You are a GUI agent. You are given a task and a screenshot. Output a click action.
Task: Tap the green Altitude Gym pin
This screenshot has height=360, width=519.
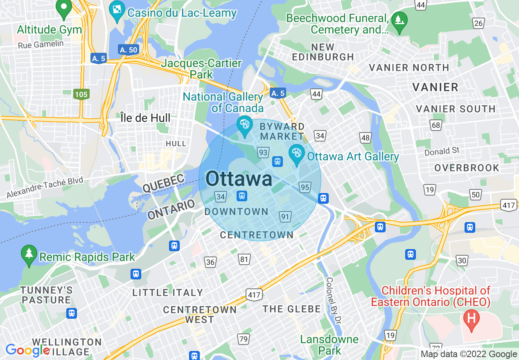coord(63,9)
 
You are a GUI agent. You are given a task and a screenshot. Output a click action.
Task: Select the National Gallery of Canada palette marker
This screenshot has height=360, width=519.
coord(245,126)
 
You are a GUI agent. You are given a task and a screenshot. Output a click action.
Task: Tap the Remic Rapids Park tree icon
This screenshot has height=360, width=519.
coord(29,255)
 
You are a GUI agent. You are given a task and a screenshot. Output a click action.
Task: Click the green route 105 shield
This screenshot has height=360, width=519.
coord(81,94)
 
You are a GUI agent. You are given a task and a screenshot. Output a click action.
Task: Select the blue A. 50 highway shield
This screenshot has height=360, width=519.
coord(128,50)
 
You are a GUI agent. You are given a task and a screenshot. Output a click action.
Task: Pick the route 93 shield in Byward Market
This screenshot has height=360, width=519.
coord(263,153)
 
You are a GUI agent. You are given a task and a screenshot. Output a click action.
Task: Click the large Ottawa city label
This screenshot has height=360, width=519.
coord(239,179)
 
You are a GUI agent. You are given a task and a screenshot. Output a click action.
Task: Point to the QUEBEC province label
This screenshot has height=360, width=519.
coord(163,183)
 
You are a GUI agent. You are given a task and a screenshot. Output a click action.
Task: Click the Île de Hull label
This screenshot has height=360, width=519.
coord(145,118)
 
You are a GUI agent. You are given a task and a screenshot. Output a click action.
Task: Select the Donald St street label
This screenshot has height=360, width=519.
coord(442,151)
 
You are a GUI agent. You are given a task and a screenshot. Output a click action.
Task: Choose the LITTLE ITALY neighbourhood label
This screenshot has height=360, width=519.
coord(168,292)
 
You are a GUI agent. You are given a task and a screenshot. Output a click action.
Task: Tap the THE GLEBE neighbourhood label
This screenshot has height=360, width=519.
coord(291,309)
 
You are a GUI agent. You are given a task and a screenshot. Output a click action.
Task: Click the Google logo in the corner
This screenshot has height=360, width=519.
coord(27,351)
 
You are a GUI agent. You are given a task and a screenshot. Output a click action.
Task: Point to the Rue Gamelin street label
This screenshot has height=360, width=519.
coord(41,44)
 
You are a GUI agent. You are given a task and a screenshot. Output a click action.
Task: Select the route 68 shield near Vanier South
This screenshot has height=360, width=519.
coord(436,125)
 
